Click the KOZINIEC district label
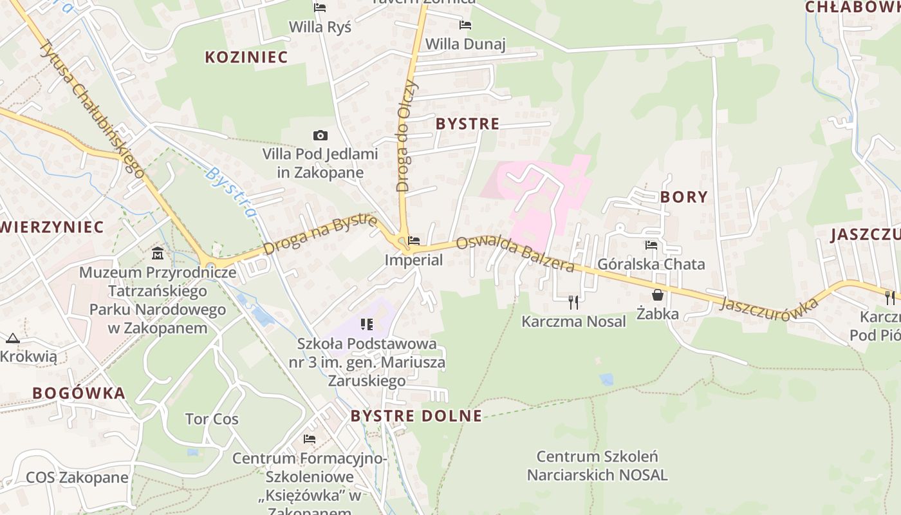(246, 57)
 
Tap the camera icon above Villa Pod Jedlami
(320, 135)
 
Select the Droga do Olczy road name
(407, 136)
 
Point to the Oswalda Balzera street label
(515, 254)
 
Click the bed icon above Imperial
(414, 241)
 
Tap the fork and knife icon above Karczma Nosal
(573, 301)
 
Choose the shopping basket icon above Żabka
(658, 295)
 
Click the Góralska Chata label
(651, 264)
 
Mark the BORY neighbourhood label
(683, 197)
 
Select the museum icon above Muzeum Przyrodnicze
(158, 253)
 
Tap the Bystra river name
(230, 192)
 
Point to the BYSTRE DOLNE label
(416, 416)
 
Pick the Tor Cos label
(212, 419)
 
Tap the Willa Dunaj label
(465, 44)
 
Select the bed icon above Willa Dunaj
(465, 25)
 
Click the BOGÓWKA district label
(79, 393)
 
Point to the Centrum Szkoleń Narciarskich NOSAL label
(597, 466)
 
